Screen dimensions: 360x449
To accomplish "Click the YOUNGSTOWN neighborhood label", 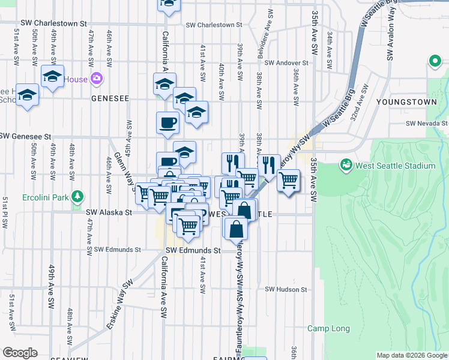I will (406, 102).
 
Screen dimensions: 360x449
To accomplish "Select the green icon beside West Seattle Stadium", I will (346, 164).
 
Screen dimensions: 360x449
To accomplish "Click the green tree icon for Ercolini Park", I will (77, 196).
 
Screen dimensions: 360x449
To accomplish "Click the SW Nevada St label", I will (427, 123).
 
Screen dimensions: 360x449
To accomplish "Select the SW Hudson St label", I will (286, 289).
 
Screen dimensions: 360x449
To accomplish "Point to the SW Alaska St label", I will (109, 212).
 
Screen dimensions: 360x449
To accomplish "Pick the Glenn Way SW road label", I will (129, 170).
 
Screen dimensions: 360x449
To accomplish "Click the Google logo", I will (20, 353).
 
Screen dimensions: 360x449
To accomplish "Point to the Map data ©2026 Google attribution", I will (411, 355).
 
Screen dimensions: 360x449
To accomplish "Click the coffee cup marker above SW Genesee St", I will (167, 123).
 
